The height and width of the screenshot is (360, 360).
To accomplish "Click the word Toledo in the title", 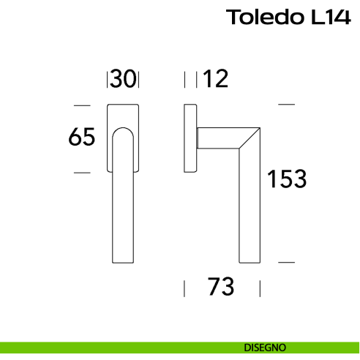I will coord(261,17).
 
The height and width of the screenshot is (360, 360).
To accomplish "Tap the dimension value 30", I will coord(124,79).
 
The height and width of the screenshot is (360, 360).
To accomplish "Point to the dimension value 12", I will coord(216,79).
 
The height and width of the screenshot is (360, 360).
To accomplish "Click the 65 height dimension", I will coord(82,137).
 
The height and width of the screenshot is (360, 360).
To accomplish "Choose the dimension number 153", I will coord(286,179).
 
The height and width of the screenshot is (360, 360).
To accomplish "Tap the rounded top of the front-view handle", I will coord(124,132).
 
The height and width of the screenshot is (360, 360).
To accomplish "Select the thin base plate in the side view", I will coord(190,139).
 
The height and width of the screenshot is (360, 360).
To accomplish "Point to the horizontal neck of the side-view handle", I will coord(220,138).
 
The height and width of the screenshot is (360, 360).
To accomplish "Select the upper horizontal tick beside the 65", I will coord(83,105).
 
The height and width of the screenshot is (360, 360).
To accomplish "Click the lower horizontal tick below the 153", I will coord(286,261).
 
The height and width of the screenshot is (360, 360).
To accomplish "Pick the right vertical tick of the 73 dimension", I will coord(260,288).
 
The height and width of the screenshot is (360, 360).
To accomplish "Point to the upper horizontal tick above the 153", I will coord(286,105).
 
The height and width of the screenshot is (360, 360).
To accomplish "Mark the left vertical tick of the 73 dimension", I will coord(184,288).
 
